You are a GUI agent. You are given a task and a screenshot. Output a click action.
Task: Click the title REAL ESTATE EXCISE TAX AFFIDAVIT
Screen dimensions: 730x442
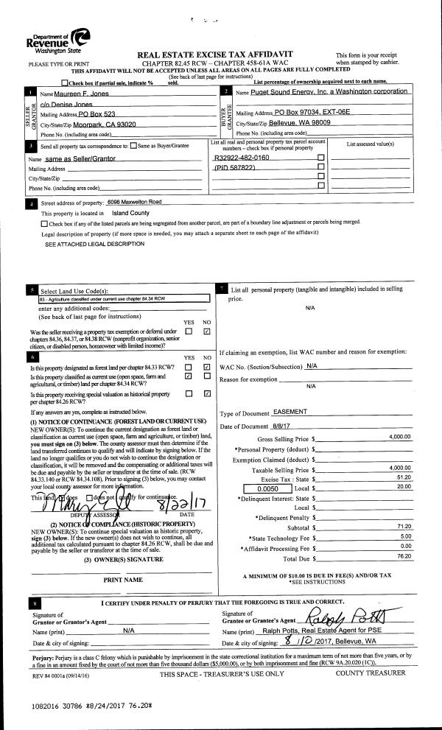(215, 55)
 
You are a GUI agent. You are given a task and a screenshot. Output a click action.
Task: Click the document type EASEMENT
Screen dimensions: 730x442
(291, 412)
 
